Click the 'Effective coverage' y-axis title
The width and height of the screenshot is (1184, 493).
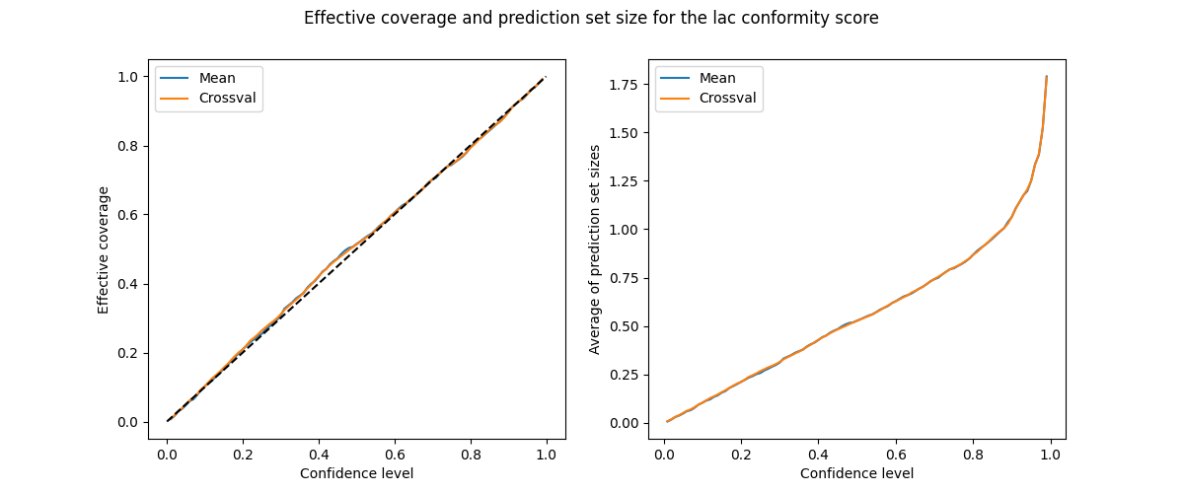104,249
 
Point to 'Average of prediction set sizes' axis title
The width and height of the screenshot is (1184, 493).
595,249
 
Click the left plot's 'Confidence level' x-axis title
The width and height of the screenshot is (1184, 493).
356,473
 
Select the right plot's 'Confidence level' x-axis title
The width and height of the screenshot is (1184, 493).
856,473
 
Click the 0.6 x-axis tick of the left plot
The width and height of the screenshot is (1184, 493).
394,455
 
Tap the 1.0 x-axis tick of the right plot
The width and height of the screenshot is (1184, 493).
1050,455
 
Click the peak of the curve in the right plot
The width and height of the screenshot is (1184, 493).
1046,77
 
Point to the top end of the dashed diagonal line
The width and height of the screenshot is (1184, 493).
546,77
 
